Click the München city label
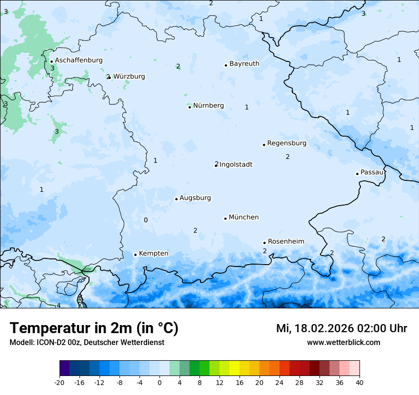pos(243,217)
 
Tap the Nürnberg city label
pos(208,106)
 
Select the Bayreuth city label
pos(244,64)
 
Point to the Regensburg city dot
pos(264,145)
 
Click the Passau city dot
pos(357,174)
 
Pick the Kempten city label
pos(153,254)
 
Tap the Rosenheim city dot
pos(264,243)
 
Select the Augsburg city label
pos(195,198)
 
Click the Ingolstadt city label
pos(236,165)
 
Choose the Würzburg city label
pos(129,77)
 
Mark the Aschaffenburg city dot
pos(51,61)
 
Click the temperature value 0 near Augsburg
pos(146,220)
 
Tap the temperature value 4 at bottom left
pos(59,306)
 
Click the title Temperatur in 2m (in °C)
pos(94,328)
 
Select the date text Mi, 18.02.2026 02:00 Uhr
pos(341,328)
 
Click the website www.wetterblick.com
pos(343,343)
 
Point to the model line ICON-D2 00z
pos(87,343)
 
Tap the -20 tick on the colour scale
pos(60,383)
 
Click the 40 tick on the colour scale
pos(359,383)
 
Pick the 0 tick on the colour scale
pos(160,383)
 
